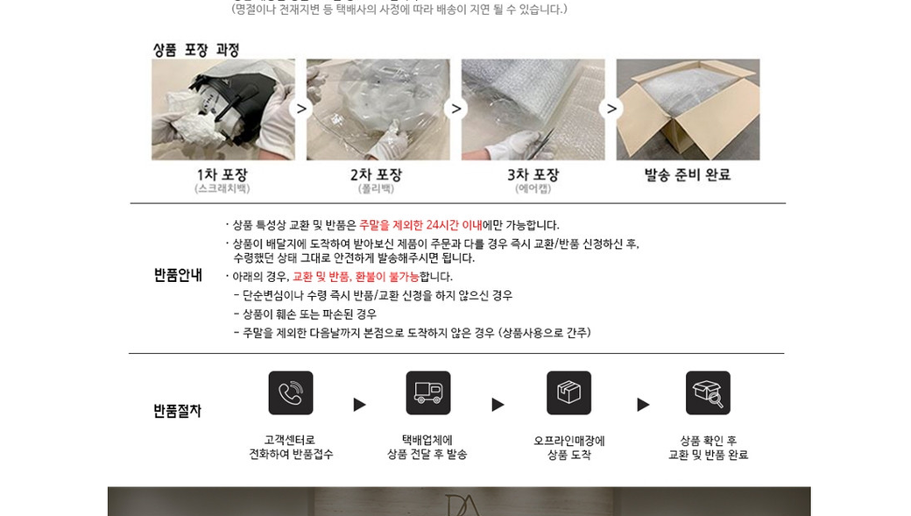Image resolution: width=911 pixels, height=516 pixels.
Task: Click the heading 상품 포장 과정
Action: (196, 50)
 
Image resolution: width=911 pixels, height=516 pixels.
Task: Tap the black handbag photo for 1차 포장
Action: (223, 110)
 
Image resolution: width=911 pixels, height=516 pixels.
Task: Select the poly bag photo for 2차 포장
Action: (378, 110)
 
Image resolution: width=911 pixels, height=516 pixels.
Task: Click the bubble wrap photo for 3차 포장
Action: (533, 110)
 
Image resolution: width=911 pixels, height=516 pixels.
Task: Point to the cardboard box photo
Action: (688, 110)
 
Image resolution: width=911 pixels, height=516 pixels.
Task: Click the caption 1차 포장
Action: (222, 174)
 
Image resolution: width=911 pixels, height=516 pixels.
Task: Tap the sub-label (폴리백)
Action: (376, 189)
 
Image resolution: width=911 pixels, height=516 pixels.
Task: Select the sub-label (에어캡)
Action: (533, 189)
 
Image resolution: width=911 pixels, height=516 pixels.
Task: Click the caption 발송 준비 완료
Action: (688, 174)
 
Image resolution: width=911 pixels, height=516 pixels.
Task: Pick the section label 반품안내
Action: (178, 275)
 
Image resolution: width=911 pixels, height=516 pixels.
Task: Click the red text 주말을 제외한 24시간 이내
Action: (420, 225)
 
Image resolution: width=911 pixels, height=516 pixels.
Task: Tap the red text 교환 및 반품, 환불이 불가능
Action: (356, 277)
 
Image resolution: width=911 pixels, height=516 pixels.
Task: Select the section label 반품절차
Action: (177, 411)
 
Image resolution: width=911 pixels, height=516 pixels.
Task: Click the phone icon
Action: (291, 392)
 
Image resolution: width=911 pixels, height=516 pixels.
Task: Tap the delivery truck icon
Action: (428, 392)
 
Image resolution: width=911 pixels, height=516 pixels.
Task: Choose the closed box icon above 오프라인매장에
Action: (568, 392)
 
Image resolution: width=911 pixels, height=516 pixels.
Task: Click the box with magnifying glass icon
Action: (708, 392)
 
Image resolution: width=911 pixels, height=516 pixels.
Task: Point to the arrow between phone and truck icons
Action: (360, 405)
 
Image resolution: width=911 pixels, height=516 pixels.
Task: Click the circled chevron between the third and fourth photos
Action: (611, 109)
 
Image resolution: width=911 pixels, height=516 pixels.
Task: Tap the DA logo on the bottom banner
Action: (463, 505)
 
